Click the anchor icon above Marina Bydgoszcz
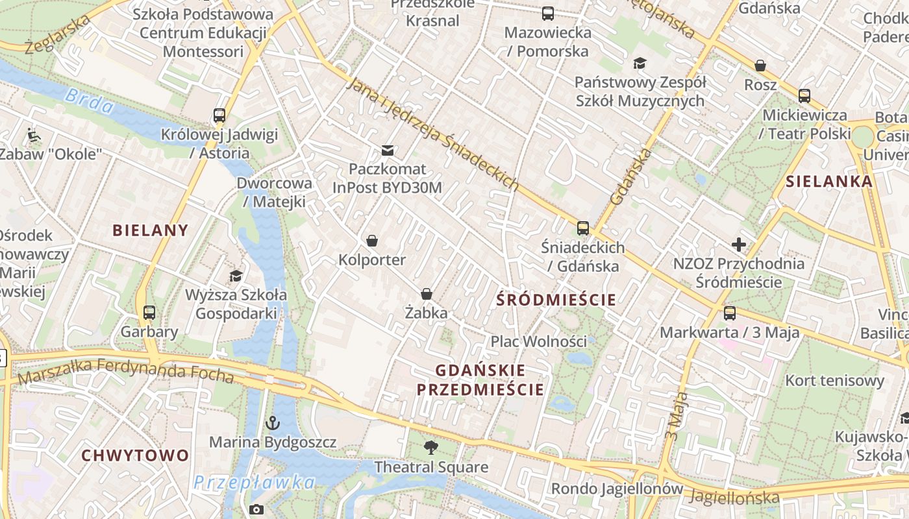pos(272,423)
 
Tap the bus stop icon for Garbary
pos(149,313)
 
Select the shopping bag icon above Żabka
pos(427,294)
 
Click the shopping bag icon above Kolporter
pos(372,241)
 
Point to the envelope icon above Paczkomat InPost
pos(388,151)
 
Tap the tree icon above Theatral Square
pos(430,447)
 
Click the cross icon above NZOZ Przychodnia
pos(738,245)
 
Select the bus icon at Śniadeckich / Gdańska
pos(583,228)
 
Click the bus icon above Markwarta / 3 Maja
pos(730,313)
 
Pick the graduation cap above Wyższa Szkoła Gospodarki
pos(236,276)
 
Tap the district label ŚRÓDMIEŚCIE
pos(556,300)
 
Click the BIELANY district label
pos(151,230)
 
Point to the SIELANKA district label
pos(829,182)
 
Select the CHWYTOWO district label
pos(135,455)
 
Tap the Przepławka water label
pos(255,483)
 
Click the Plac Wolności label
pos(538,341)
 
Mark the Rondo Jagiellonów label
pos(617,489)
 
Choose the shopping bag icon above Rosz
pos(760,66)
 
